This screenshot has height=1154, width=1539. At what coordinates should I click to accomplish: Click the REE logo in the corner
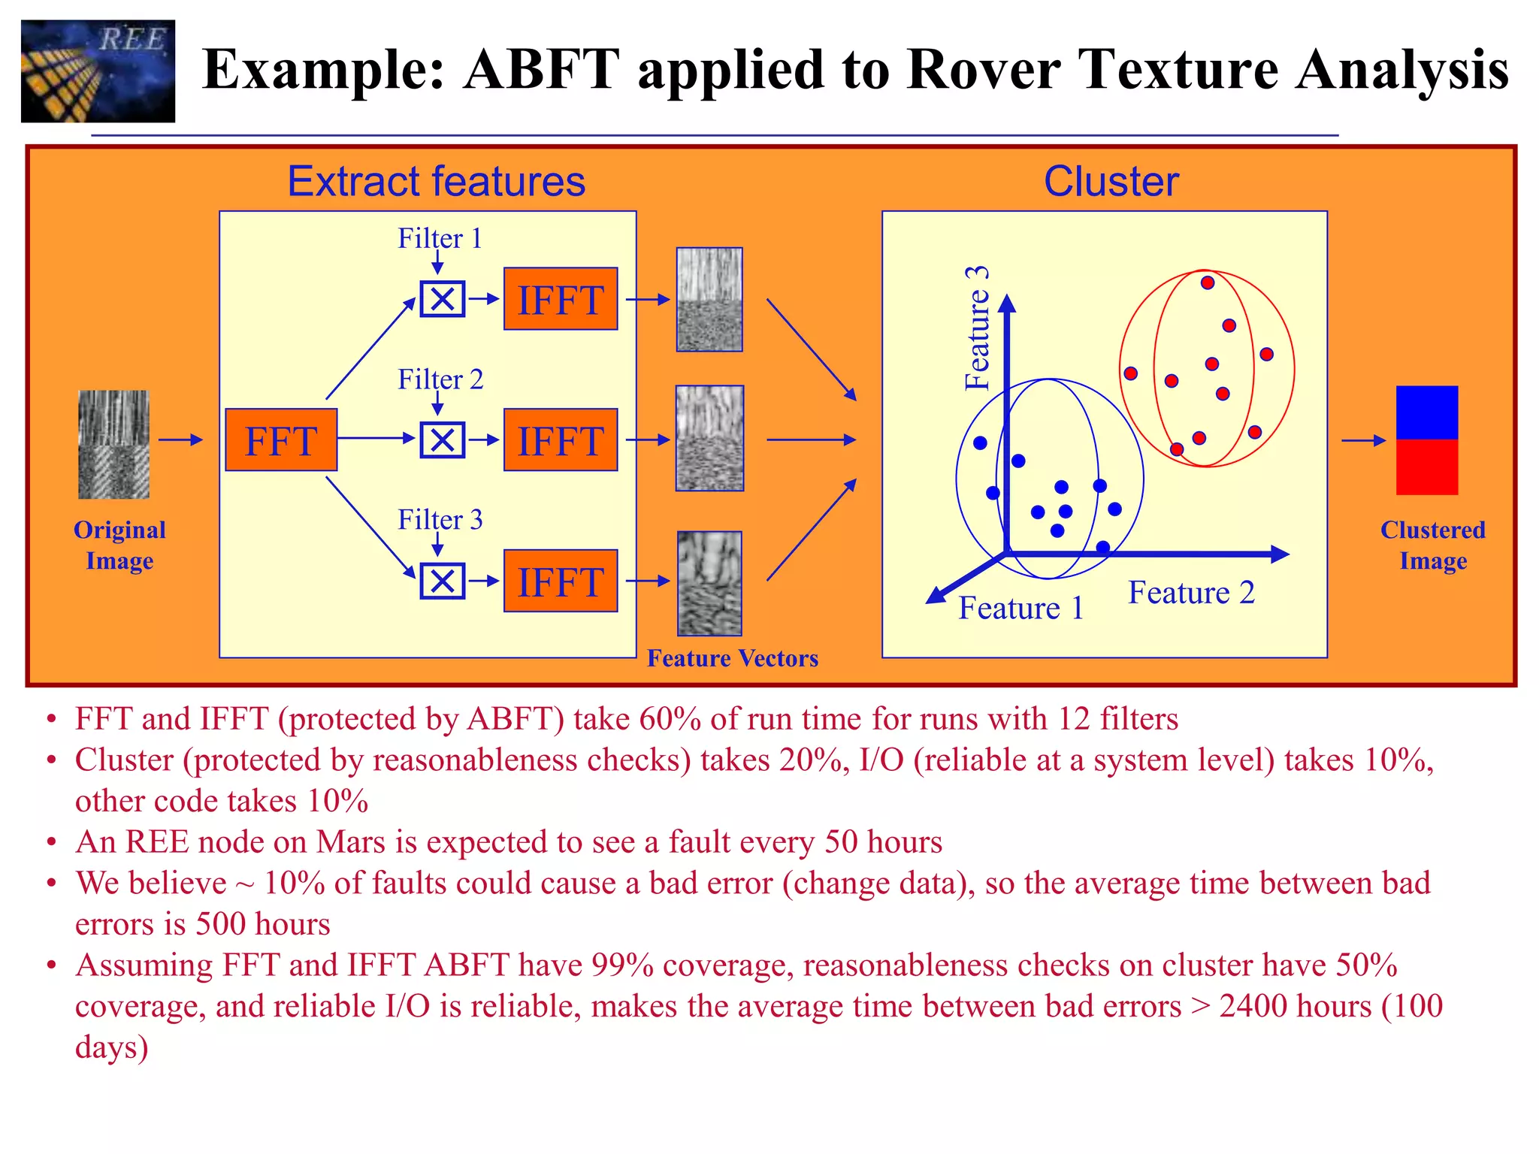coord(98,71)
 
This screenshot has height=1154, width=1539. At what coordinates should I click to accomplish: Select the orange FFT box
coord(281,440)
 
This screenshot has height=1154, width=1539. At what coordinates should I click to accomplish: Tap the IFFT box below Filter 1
coord(561,299)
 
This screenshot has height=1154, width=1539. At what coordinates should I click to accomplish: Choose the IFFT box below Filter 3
coord(561,581)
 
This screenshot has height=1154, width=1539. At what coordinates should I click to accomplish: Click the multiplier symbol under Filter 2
coord(442,440)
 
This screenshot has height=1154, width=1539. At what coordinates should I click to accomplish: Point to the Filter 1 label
coord(440,238)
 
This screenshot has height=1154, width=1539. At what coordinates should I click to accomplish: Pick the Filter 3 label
coord(440,519)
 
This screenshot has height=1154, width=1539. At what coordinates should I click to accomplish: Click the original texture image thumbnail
coord(114,444)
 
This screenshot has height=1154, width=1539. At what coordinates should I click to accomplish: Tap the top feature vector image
coord(709,300)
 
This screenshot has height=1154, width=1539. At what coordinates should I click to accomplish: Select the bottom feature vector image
coord(709,584)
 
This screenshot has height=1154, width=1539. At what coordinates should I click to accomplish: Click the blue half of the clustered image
coord(1427,413)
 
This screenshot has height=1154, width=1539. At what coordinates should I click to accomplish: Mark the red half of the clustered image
coord(1427,467)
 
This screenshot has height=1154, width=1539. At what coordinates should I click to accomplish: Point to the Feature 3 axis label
coord(978,328)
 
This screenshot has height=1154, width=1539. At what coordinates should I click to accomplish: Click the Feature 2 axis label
coord(1191,593)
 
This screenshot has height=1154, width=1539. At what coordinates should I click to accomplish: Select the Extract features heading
coord(436,182)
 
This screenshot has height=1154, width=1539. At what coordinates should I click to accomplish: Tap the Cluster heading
coord(1111,182)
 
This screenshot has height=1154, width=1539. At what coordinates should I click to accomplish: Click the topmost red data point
coord(1208,283)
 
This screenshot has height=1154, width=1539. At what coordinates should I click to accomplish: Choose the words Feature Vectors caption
coord(733,658)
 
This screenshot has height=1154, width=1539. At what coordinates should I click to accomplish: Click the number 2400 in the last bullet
coord(1252,1006)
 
